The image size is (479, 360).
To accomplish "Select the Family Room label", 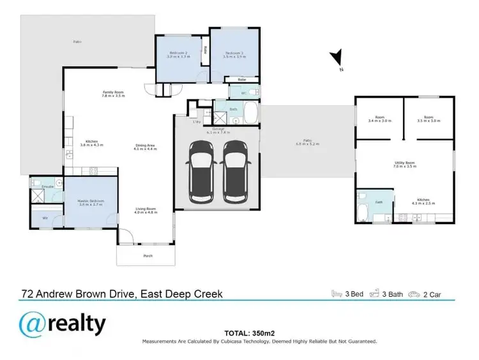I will point(114,94).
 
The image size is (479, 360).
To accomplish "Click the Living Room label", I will point(146,210).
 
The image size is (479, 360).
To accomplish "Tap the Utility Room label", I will point(405,164).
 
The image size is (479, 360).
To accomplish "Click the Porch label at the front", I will point(148,257).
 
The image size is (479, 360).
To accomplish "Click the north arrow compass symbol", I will point(337,59).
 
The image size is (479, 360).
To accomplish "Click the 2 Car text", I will point(431,295).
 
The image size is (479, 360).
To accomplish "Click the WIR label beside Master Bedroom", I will point(45,218).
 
